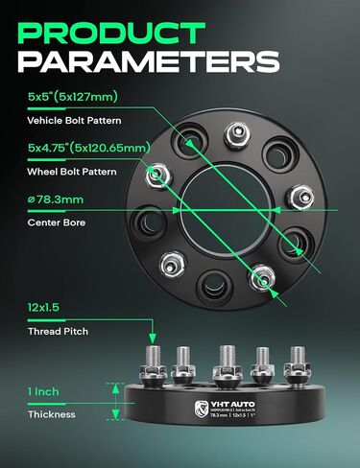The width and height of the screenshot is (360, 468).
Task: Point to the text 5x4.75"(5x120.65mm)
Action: click(x=88, y=148)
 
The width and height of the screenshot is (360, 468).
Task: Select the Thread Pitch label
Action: click(x=56, y=331)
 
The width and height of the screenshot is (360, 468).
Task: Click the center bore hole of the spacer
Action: click(x=217, y=205)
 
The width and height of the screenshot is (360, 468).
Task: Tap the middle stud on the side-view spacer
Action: click(x=226, y=363)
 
